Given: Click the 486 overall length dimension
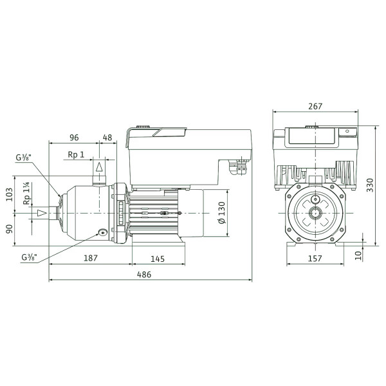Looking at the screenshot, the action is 144,274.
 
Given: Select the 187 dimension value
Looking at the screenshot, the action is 91,258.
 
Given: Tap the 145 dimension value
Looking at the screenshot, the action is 158,259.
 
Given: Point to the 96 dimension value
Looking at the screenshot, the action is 74,138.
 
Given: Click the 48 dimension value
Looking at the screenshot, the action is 107,138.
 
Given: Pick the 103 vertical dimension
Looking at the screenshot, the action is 10,194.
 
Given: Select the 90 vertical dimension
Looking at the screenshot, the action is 10,229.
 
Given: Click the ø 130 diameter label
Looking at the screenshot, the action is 222,212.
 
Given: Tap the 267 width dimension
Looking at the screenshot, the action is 315,106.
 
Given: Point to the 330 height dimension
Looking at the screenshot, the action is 370,185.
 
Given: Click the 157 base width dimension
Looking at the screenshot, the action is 315,259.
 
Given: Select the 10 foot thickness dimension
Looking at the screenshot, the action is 359,255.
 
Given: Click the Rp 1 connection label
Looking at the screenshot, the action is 76,154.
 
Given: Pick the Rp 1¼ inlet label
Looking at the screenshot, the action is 26,193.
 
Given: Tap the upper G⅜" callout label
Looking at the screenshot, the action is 23,158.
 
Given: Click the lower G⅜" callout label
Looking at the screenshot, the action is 30,257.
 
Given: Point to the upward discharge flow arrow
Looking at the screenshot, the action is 99,167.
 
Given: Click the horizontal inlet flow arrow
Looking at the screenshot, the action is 42,213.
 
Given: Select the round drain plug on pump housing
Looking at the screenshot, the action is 102,232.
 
